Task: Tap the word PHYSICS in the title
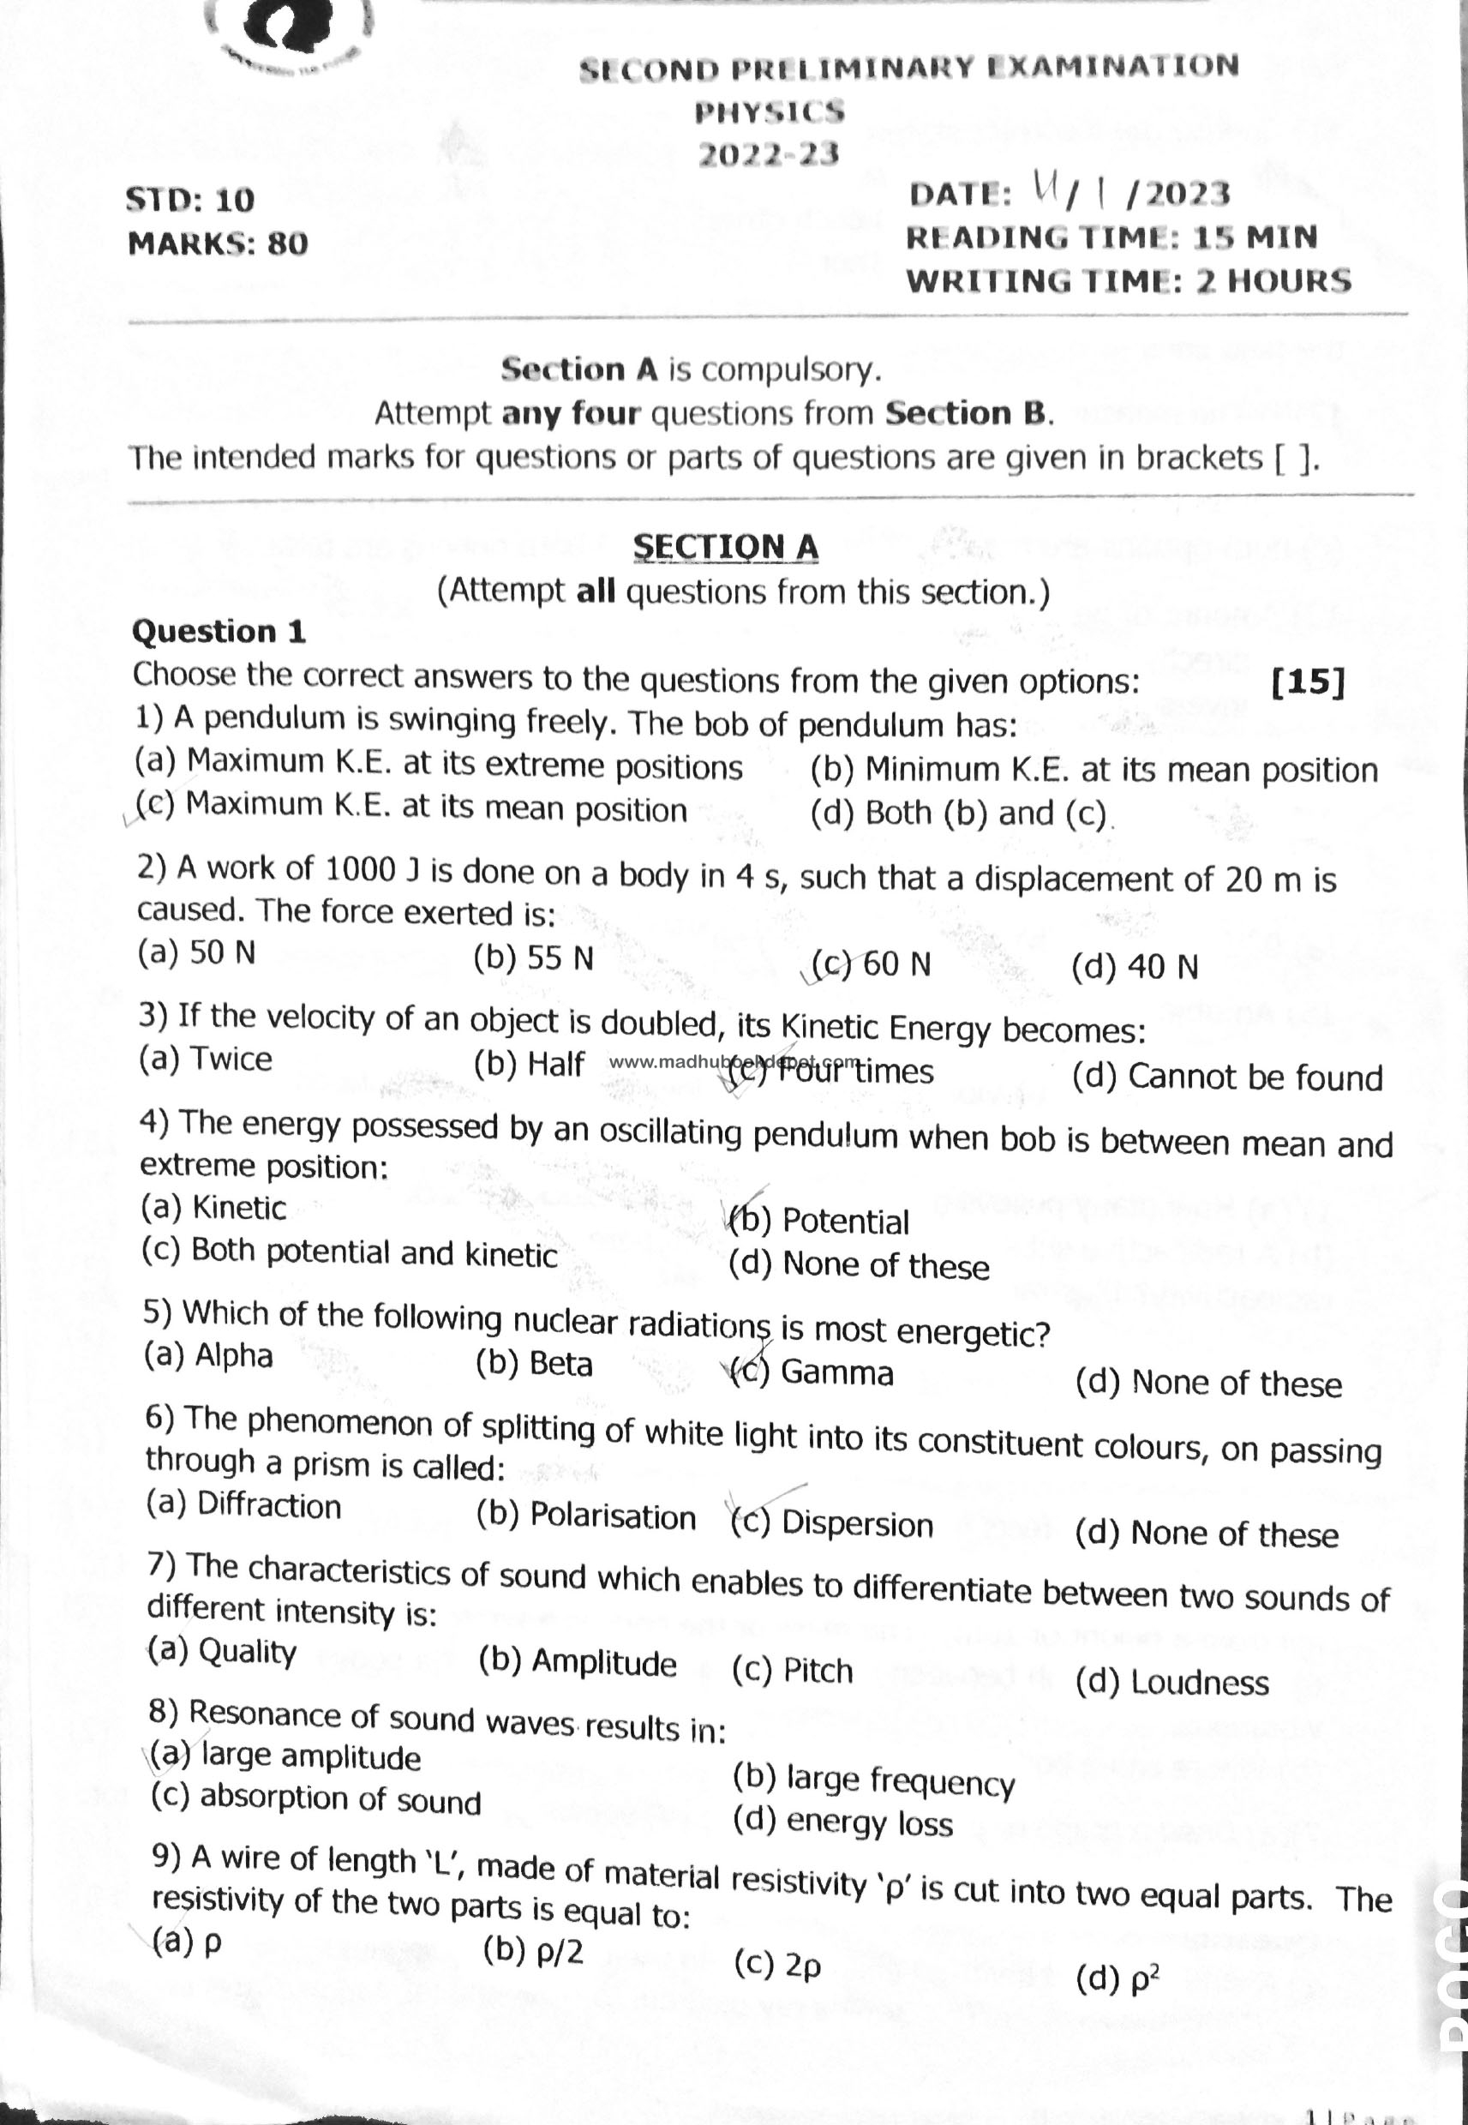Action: [769, 112]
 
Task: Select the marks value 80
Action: [287, 243]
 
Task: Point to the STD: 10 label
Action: [189, 200]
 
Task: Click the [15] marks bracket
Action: [1307, 681]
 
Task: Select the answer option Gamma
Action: [836, 1372]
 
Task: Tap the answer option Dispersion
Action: [856, 1524]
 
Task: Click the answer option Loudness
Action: [1199, 1683]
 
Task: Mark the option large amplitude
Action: [310, 1757]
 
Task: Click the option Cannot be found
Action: [1255, 1078]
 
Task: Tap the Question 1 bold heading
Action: [219, 631]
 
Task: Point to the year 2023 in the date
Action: [1188, 194]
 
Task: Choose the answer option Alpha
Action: [234, 1356]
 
